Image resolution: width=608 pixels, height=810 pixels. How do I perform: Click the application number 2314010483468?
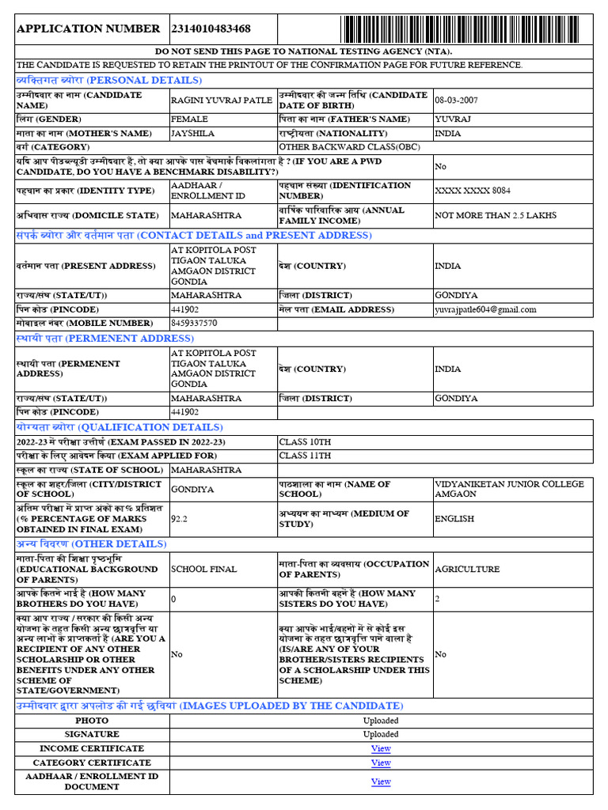tap(211, 28)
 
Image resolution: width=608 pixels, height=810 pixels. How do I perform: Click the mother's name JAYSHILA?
tap(192, 134)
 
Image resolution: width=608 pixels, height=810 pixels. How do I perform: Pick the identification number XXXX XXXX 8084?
tap(473, 191)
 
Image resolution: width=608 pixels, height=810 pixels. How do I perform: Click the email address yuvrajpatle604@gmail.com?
tap(485, 309)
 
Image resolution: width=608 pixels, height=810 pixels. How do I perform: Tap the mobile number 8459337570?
tap(194, 324)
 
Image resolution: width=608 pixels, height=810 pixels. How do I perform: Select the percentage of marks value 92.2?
tap(180, 519)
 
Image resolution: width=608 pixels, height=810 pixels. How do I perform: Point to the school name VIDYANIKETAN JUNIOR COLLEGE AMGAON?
tap(509, 489)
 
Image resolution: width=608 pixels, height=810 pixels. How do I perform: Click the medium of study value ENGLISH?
tap(454, 519)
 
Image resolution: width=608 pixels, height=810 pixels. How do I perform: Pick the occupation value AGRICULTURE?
tap(467, 569)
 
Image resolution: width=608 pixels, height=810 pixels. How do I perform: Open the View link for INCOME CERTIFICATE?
tap(381, 748)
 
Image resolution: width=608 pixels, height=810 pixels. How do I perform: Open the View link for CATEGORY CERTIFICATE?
tap(381, 763)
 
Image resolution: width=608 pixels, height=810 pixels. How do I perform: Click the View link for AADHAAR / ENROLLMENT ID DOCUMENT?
tap(381, 782)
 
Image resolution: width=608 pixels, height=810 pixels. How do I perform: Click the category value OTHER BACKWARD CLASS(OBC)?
tap(338, 147)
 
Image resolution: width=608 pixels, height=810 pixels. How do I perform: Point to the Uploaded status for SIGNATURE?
tap(381, 734)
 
